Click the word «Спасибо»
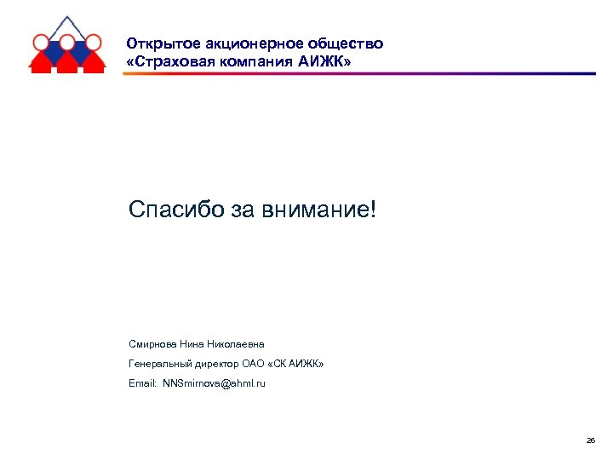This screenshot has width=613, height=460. [175, 209]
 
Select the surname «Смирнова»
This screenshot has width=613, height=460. [152, 344]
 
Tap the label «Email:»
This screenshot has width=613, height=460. [142, 384]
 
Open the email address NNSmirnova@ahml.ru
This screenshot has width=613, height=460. [214, 384]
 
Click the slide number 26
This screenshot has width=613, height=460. [591, 440]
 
